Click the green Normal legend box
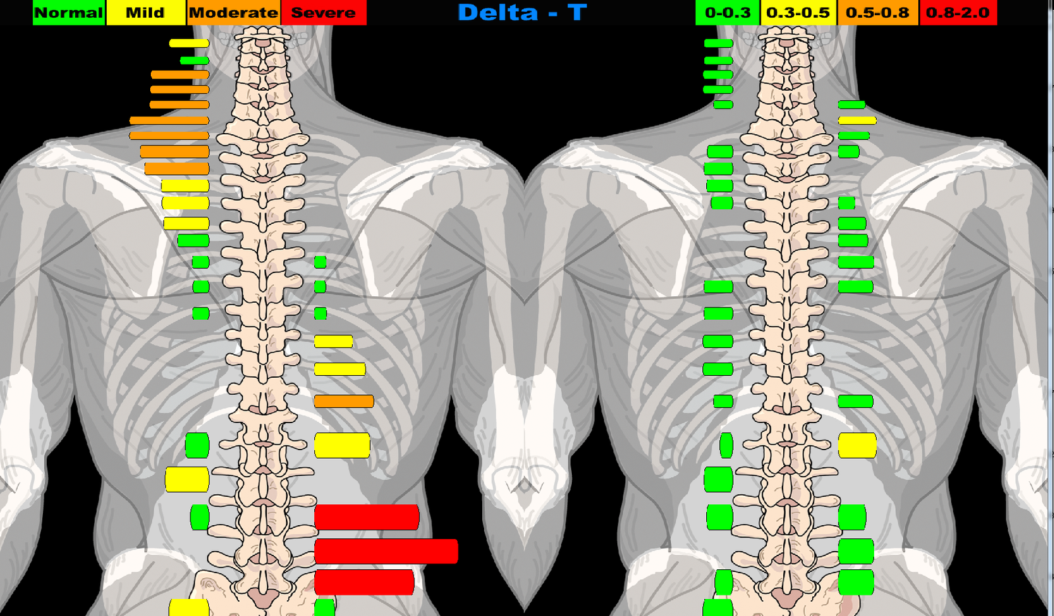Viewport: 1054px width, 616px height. [69, 13]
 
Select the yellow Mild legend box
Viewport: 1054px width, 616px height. [146, 13]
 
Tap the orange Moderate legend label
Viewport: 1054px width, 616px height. [233, 13]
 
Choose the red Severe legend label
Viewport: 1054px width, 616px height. [323, 13]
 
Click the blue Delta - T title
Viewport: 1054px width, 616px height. [522, 13]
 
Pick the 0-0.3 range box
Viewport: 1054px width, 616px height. [727, 13]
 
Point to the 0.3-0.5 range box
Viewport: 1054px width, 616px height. [798, 13]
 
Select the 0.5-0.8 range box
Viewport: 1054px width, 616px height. [877, 13]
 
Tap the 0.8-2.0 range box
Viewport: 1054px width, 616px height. [958, 13]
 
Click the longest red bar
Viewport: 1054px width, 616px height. [386, 552]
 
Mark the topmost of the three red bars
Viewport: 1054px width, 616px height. [366, 517]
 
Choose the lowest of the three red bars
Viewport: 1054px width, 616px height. [364, 582]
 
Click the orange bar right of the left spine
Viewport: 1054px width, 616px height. [344, 401]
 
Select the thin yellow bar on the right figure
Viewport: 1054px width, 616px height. [857, 120]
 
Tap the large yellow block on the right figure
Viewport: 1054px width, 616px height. [857, 446]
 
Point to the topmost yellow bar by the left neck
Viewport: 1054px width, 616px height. [189, 43]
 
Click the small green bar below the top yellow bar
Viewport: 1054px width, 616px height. [194, 61]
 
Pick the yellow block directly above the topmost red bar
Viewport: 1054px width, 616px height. [342, 446]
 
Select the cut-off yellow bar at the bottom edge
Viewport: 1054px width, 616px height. [189, 607]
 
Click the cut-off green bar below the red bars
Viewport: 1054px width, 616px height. [325, 607]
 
